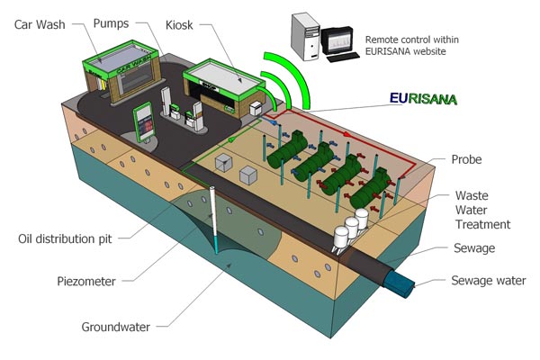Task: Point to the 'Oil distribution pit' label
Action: click(x=68, y=239)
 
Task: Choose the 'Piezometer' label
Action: click(x=82, y=281)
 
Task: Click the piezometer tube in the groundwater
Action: click(x=214, y=216)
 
